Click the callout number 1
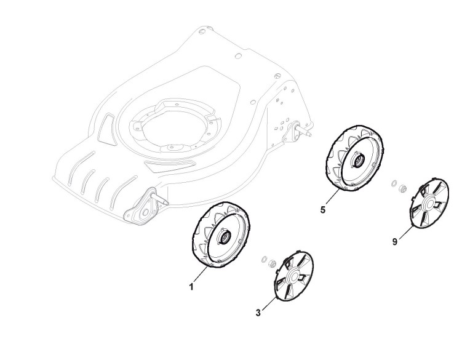coord(191,287)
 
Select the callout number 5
coord(323,210)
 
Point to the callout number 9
coord(394,242)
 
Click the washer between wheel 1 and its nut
coord(263,258)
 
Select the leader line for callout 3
coord(268,305)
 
